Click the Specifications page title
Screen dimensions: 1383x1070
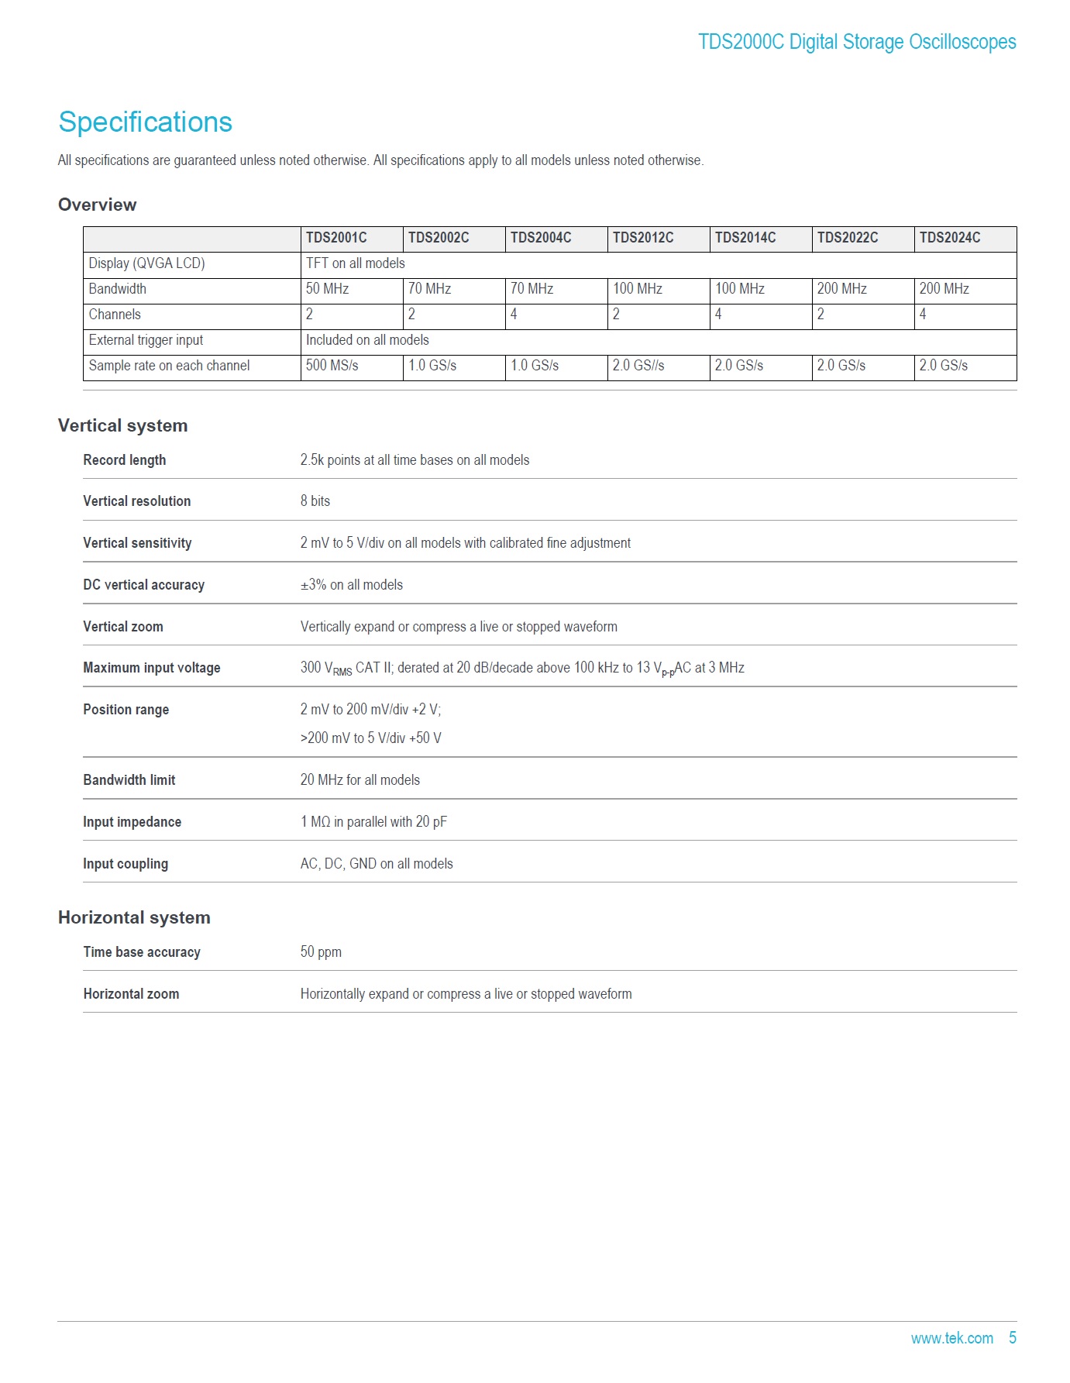pyautogui.click(x=145, y=122)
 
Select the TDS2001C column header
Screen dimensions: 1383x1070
pyautogui.click(x=336, y=238)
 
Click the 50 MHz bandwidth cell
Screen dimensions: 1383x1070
pyautogui.click(x=327, y=289)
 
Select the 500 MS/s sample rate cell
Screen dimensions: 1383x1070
pyautogui.click(x=332, y=366)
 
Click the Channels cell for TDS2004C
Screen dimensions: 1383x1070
pyautogui.click(x=514, y=315)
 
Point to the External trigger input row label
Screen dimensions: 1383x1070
pyautogui.click(x=146, y=340)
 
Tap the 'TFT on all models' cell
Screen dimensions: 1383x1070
pyautogui.click(x=355, y=263)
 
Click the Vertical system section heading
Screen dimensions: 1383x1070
pyautogui.click(x=122, y=425)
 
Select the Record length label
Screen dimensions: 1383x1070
pyautogui.click(x=124, y=460)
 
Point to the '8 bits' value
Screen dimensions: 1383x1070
pyautogui.click(x=315, y=501)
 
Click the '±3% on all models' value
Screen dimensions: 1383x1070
pyautogui.click(x=351, y=585)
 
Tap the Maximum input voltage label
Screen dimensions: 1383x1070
pyautogui.click(x=151, y=668)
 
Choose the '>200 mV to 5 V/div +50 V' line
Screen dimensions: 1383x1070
pyautogui.click(x=370, y=738)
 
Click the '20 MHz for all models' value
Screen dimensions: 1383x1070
pyautogui.click(x=360, y=780)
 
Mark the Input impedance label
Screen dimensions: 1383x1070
pyautogui.click(x=132, y=822)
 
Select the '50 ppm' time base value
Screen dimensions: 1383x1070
pyautogui.click(x=320, y=952)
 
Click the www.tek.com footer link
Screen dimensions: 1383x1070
pyautogui.click(x=951, y=1338)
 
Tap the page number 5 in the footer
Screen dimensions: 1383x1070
pyautogui.click(x=1012, y=1338)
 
